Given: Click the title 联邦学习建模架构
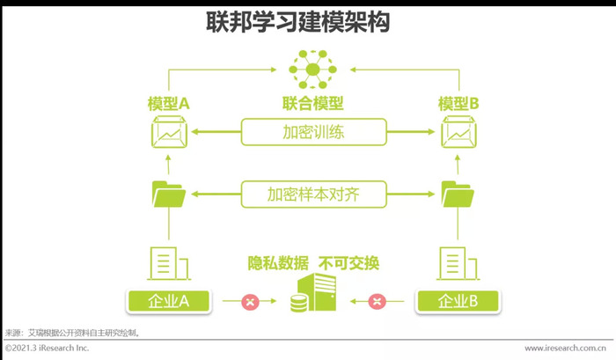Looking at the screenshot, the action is tap(297, 22).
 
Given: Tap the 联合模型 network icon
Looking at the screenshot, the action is tap(312, 70).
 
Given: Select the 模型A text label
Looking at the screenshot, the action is tap(169, 104).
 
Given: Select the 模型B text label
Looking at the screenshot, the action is tap(458, 104).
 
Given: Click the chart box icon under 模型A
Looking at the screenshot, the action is tap(169, 132).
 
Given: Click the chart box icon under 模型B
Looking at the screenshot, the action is tap(458, 132).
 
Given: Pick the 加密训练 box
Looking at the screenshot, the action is tap(313, 132).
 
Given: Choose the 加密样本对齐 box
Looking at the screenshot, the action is tap(313, 195).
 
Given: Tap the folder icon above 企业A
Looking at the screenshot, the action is tap(169, 194).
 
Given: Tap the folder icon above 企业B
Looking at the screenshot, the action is tap(458, 194).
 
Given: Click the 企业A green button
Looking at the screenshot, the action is tap(169, 301).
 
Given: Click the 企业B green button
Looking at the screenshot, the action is tap(458, 301).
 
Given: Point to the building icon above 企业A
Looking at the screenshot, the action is tap(169, 263).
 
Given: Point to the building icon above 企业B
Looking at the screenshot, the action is tap(458, 263).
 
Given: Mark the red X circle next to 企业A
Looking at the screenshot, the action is tap(250, 301).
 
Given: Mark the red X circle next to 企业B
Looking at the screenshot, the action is tap(377, 301).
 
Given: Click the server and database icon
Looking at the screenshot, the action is tap(313, 293).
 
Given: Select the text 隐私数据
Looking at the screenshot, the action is tap(278, 263).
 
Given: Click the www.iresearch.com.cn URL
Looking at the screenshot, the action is tap(565, 348).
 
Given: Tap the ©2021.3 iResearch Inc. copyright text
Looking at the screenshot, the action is tap(48, 348).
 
